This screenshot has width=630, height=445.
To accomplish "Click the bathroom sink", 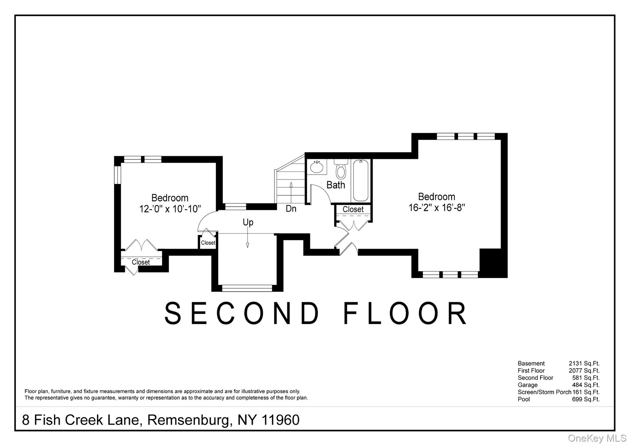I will pos(316,167).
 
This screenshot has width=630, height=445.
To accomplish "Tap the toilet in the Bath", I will pos(341,170).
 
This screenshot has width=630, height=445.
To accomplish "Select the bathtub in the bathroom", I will pos(361,181).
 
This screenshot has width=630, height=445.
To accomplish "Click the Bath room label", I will pos(336,185).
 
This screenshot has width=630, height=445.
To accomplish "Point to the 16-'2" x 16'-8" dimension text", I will pos(437,208).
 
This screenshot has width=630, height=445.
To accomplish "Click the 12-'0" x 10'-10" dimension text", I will pos(170,209).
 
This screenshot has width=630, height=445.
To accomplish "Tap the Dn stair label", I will pos(291,209).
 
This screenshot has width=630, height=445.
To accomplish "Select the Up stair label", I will pos(248,222).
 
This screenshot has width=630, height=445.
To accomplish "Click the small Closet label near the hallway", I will pos(208,243).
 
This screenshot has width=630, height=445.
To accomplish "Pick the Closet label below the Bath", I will pos(353,209).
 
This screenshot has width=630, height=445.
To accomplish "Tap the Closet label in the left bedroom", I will pos(141,262).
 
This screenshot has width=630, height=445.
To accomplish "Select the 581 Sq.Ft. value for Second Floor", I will pos(586,378).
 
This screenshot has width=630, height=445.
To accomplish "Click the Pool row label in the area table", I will pos(524,399).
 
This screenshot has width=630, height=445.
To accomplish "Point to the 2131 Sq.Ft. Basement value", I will pos(584,363).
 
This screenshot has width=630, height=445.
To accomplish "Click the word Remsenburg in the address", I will pos(189,420).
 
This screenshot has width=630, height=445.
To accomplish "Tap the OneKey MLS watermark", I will pos(597,438).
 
